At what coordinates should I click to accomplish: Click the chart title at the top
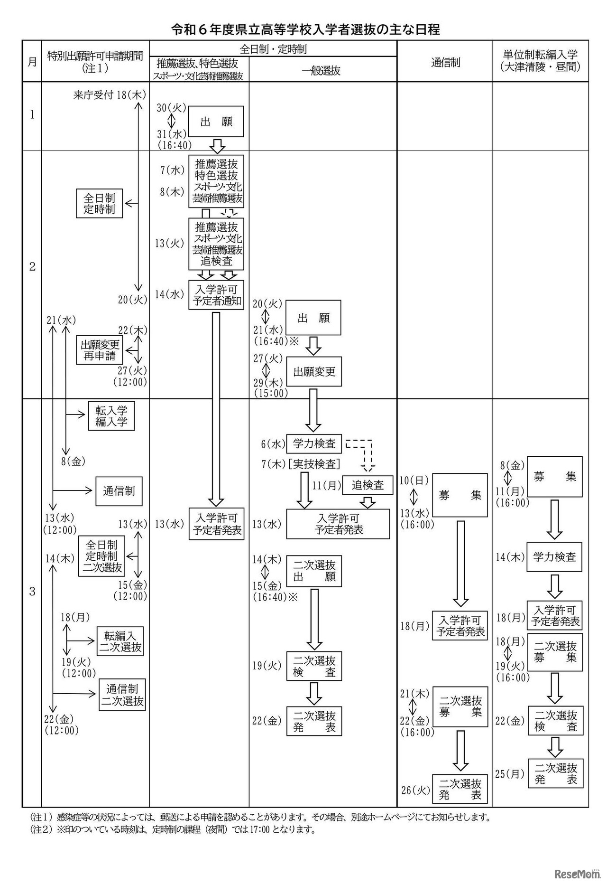(x=305, y=29)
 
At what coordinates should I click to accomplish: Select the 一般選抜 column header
(x=322, y=71)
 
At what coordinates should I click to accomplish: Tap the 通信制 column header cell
(x=445, y=62)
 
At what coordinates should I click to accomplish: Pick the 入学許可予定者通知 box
(x=216, y=295)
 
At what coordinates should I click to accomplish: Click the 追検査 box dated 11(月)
(x=368, y=485)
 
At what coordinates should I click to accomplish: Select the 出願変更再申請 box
(x=100, y=350)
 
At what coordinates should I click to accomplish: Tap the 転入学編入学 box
(x=111, y=416)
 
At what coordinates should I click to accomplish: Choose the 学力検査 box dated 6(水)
(x=314, y=444)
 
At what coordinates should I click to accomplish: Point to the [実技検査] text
(x=314, y=464)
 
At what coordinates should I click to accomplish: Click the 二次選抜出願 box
(x=314, y=571)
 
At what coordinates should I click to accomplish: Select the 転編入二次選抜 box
(x=120, y=641)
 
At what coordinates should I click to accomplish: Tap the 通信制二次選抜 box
(x=122, y=695)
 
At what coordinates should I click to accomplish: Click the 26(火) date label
(x=415, y=790)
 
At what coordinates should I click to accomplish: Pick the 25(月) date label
(x=510, y=774)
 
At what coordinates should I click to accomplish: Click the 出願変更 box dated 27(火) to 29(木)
(x=314, y=372)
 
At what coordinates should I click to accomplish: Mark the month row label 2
(x=32, y=266)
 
